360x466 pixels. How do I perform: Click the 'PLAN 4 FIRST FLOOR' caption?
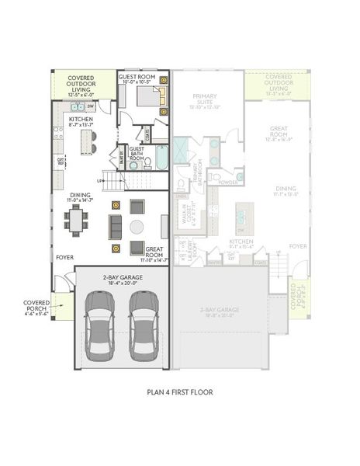179,392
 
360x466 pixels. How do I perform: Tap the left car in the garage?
99,325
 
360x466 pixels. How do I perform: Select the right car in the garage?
144,325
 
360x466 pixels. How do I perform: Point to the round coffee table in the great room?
137,227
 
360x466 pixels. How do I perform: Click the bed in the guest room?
150,96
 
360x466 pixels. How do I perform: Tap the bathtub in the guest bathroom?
161,158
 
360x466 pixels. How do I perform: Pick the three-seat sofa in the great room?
115,226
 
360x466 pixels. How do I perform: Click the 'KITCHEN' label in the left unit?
81,119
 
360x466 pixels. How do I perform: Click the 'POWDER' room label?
227,183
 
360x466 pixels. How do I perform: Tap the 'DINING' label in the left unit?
80,196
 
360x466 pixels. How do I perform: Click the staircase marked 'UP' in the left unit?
114,182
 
